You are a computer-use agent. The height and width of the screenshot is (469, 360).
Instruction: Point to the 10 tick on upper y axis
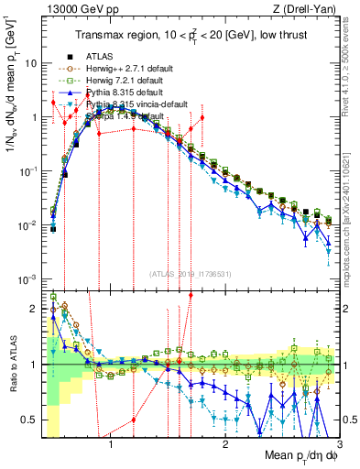click(32, 63)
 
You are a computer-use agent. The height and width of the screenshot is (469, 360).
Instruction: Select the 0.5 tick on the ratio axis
click(29, 420)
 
